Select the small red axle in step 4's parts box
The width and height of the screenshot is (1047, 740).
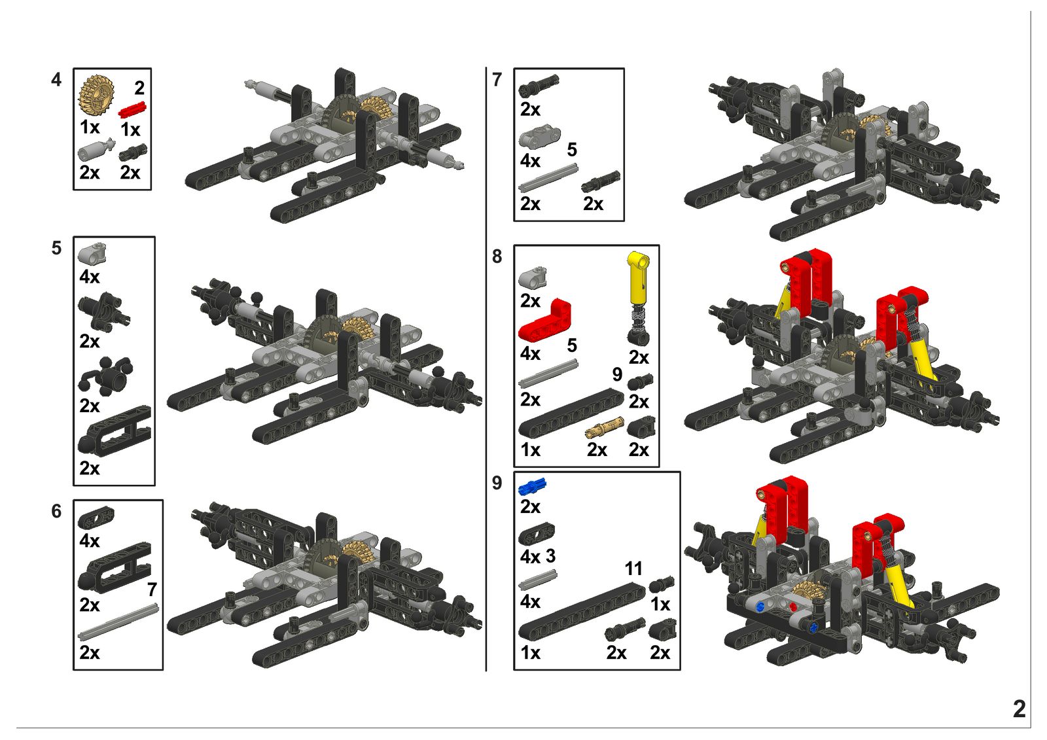(133, 110)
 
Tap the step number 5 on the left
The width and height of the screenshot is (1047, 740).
(56, 248)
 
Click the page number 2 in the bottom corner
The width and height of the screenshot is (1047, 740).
(1019, 709)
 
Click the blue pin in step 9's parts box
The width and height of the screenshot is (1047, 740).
(532, 487)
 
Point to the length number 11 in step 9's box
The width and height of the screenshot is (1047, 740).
(633, 569)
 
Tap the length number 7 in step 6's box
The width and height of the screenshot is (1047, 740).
(152, 590)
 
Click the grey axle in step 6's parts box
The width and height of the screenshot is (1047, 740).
(118, 622)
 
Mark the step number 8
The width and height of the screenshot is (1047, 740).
(497, 256)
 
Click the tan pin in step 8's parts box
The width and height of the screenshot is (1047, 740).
(605, 427)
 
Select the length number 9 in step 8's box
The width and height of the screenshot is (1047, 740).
(618, 374)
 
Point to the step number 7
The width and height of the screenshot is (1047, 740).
(497, 80)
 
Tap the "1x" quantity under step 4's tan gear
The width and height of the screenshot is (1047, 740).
(90, 127)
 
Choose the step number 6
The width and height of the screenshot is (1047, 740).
(56, 512)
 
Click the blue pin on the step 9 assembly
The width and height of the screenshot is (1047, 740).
(760, 607)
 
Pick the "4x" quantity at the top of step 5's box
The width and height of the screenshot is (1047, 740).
(90, 277)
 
